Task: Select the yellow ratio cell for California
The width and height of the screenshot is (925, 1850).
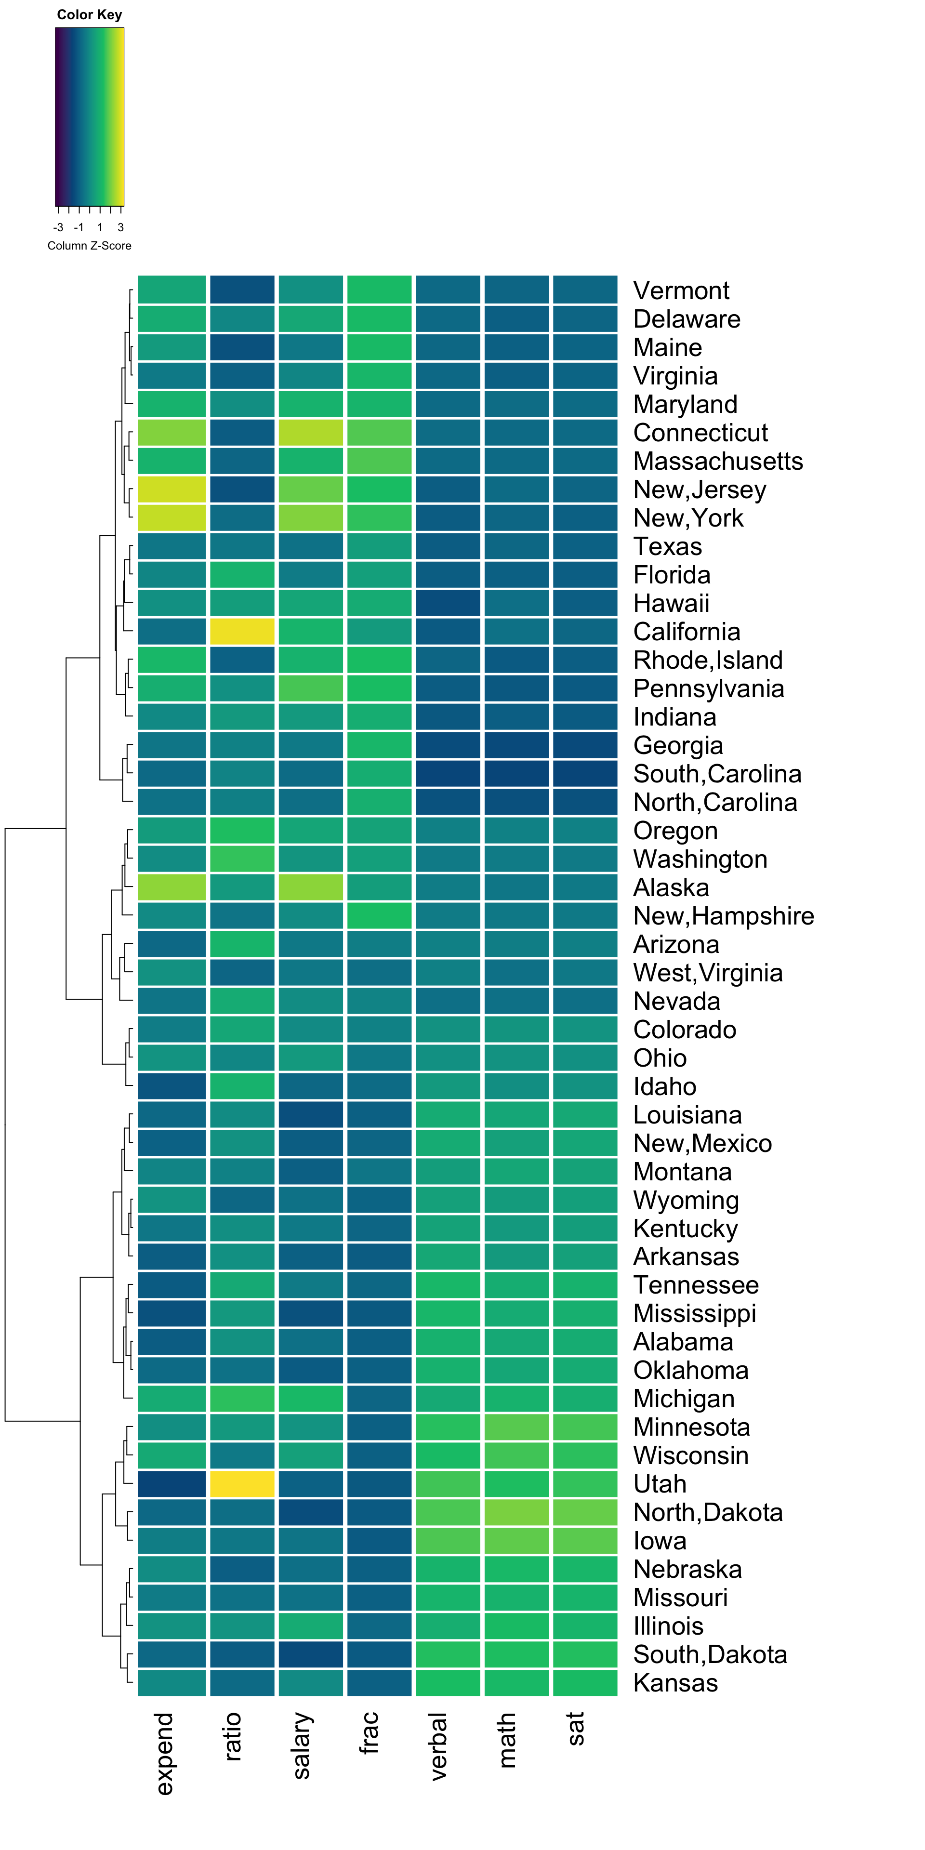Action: point(242,631)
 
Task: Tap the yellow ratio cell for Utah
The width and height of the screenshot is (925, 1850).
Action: point(242,1484)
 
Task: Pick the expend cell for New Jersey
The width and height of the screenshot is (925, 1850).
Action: point(172,489)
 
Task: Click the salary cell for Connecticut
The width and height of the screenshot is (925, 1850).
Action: point(310,432)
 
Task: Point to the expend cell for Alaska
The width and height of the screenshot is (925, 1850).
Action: point(172,887)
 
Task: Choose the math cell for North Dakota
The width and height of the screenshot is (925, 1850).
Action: point(516,1512)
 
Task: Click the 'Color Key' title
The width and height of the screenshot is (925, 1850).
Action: point(90,14)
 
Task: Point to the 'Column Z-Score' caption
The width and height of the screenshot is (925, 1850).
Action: point(90,246)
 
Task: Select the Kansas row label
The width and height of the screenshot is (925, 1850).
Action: point(675,1683)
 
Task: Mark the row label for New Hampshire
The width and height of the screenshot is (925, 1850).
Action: point(723,916)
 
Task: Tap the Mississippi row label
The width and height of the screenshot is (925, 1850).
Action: point(694,1313)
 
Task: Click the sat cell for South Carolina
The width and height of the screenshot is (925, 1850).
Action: point(584,773)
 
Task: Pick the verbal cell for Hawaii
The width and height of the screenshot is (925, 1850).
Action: point(448,603)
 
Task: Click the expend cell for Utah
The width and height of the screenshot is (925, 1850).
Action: point(172,1484)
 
